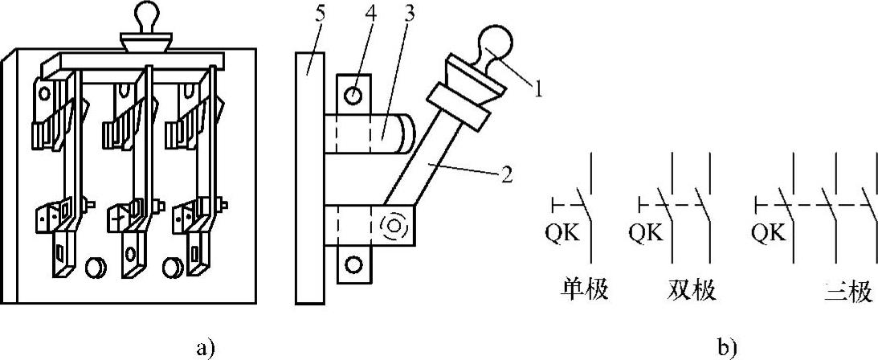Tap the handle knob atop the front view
point(151,16)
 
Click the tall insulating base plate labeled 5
point(309,177)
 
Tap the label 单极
point(583,289)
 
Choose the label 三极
point(850,290)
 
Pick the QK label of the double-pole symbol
point(646,233)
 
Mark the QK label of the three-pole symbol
point(770,233)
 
